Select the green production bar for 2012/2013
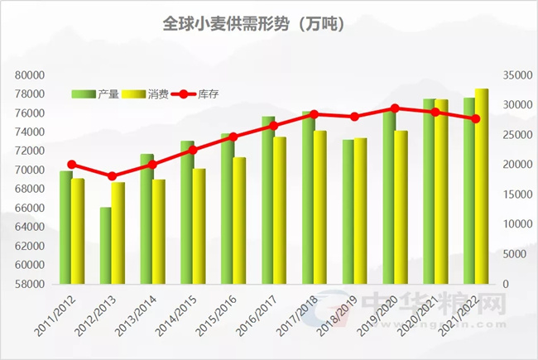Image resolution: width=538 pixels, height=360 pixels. coord(105,246)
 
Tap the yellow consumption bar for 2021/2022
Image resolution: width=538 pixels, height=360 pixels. coord(482,186)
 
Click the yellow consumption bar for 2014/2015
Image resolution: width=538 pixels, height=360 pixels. coord(199,226)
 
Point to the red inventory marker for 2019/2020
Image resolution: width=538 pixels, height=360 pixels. coord(395,108)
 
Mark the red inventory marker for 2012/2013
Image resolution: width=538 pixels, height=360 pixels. coord(113,176)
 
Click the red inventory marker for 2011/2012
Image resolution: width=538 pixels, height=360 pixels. coord(71,165)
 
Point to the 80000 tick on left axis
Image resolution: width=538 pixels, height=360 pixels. coord(29,74)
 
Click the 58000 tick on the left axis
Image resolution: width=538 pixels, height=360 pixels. coord(29,284)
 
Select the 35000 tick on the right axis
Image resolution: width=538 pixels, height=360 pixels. coord(515,74)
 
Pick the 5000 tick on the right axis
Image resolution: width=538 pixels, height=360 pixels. coord(517,254)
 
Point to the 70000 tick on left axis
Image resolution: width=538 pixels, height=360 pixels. coord(29,170)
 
